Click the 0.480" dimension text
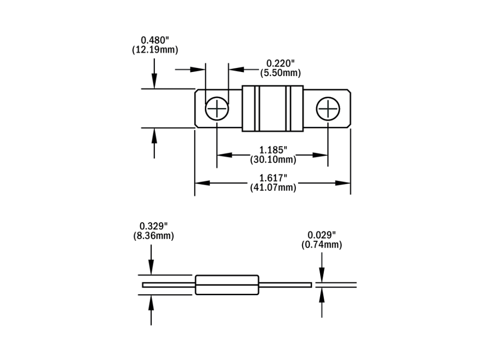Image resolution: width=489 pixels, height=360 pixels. [x=155, y=40]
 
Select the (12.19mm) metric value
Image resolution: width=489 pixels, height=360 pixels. [x=155, y=50]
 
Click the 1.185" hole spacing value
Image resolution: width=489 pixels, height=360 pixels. [x=273, y=150]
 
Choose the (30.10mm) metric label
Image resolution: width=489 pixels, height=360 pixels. [x=273, y=159]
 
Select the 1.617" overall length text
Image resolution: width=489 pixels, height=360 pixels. [x=273, y=178]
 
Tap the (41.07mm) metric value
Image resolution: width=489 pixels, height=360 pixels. [x=273, y=187]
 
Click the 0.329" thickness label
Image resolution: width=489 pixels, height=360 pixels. [x=153, y=226]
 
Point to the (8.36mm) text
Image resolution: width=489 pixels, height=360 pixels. [x=153, y=236]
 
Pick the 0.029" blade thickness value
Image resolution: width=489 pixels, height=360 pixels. [x=322, y=236]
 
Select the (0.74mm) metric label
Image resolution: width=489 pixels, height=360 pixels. [x=322, y=245]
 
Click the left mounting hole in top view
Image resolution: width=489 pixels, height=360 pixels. [x=217, y=109]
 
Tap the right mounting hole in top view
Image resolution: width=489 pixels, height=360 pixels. [x=328, y=109]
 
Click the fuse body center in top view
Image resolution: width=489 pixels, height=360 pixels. [x=272, y=109]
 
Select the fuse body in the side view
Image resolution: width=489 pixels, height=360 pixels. [x=226, y=284]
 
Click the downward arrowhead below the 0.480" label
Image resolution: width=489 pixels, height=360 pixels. [x=154, y=83]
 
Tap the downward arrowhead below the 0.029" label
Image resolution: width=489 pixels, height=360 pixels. [x=322, y=277]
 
